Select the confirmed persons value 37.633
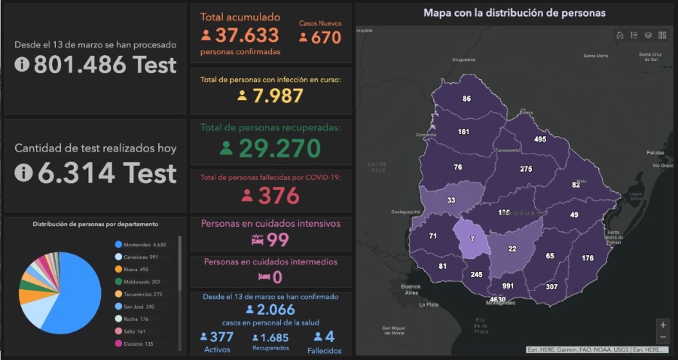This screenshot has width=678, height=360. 247,35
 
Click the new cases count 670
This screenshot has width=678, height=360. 325,37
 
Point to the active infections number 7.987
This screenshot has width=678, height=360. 277,96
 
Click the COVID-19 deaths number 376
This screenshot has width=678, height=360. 279,195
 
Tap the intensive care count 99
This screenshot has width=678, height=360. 279,239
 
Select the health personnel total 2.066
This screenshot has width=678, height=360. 276,310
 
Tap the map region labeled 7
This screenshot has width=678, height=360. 473,239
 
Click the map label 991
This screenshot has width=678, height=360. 508,286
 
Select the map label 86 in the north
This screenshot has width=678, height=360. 467,99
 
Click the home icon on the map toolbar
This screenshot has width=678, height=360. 619,35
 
